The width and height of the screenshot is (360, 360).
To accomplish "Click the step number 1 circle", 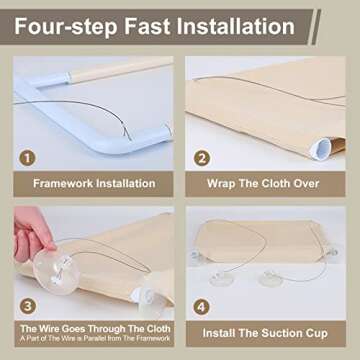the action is pos(27,158).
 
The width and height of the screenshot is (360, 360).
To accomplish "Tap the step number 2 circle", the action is pos(202,158).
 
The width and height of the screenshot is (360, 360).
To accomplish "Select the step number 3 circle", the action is pos(27,307).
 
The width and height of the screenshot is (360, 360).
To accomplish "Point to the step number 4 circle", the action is pos(202,307).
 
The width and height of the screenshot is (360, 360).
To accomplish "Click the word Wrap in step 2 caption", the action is pos(220,184).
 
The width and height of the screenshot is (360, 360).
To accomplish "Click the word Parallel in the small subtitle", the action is pos(123,339).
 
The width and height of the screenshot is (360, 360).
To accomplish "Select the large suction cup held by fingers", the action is pos(56,270).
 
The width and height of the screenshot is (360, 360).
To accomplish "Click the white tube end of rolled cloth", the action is pos(320,150).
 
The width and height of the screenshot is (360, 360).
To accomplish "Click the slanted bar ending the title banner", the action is pos(316,27).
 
